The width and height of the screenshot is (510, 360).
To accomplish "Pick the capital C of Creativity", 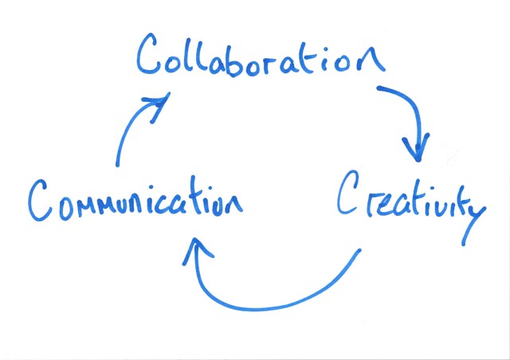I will coord(349,194).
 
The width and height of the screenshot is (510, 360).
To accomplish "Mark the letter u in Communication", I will coord(127,202).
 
